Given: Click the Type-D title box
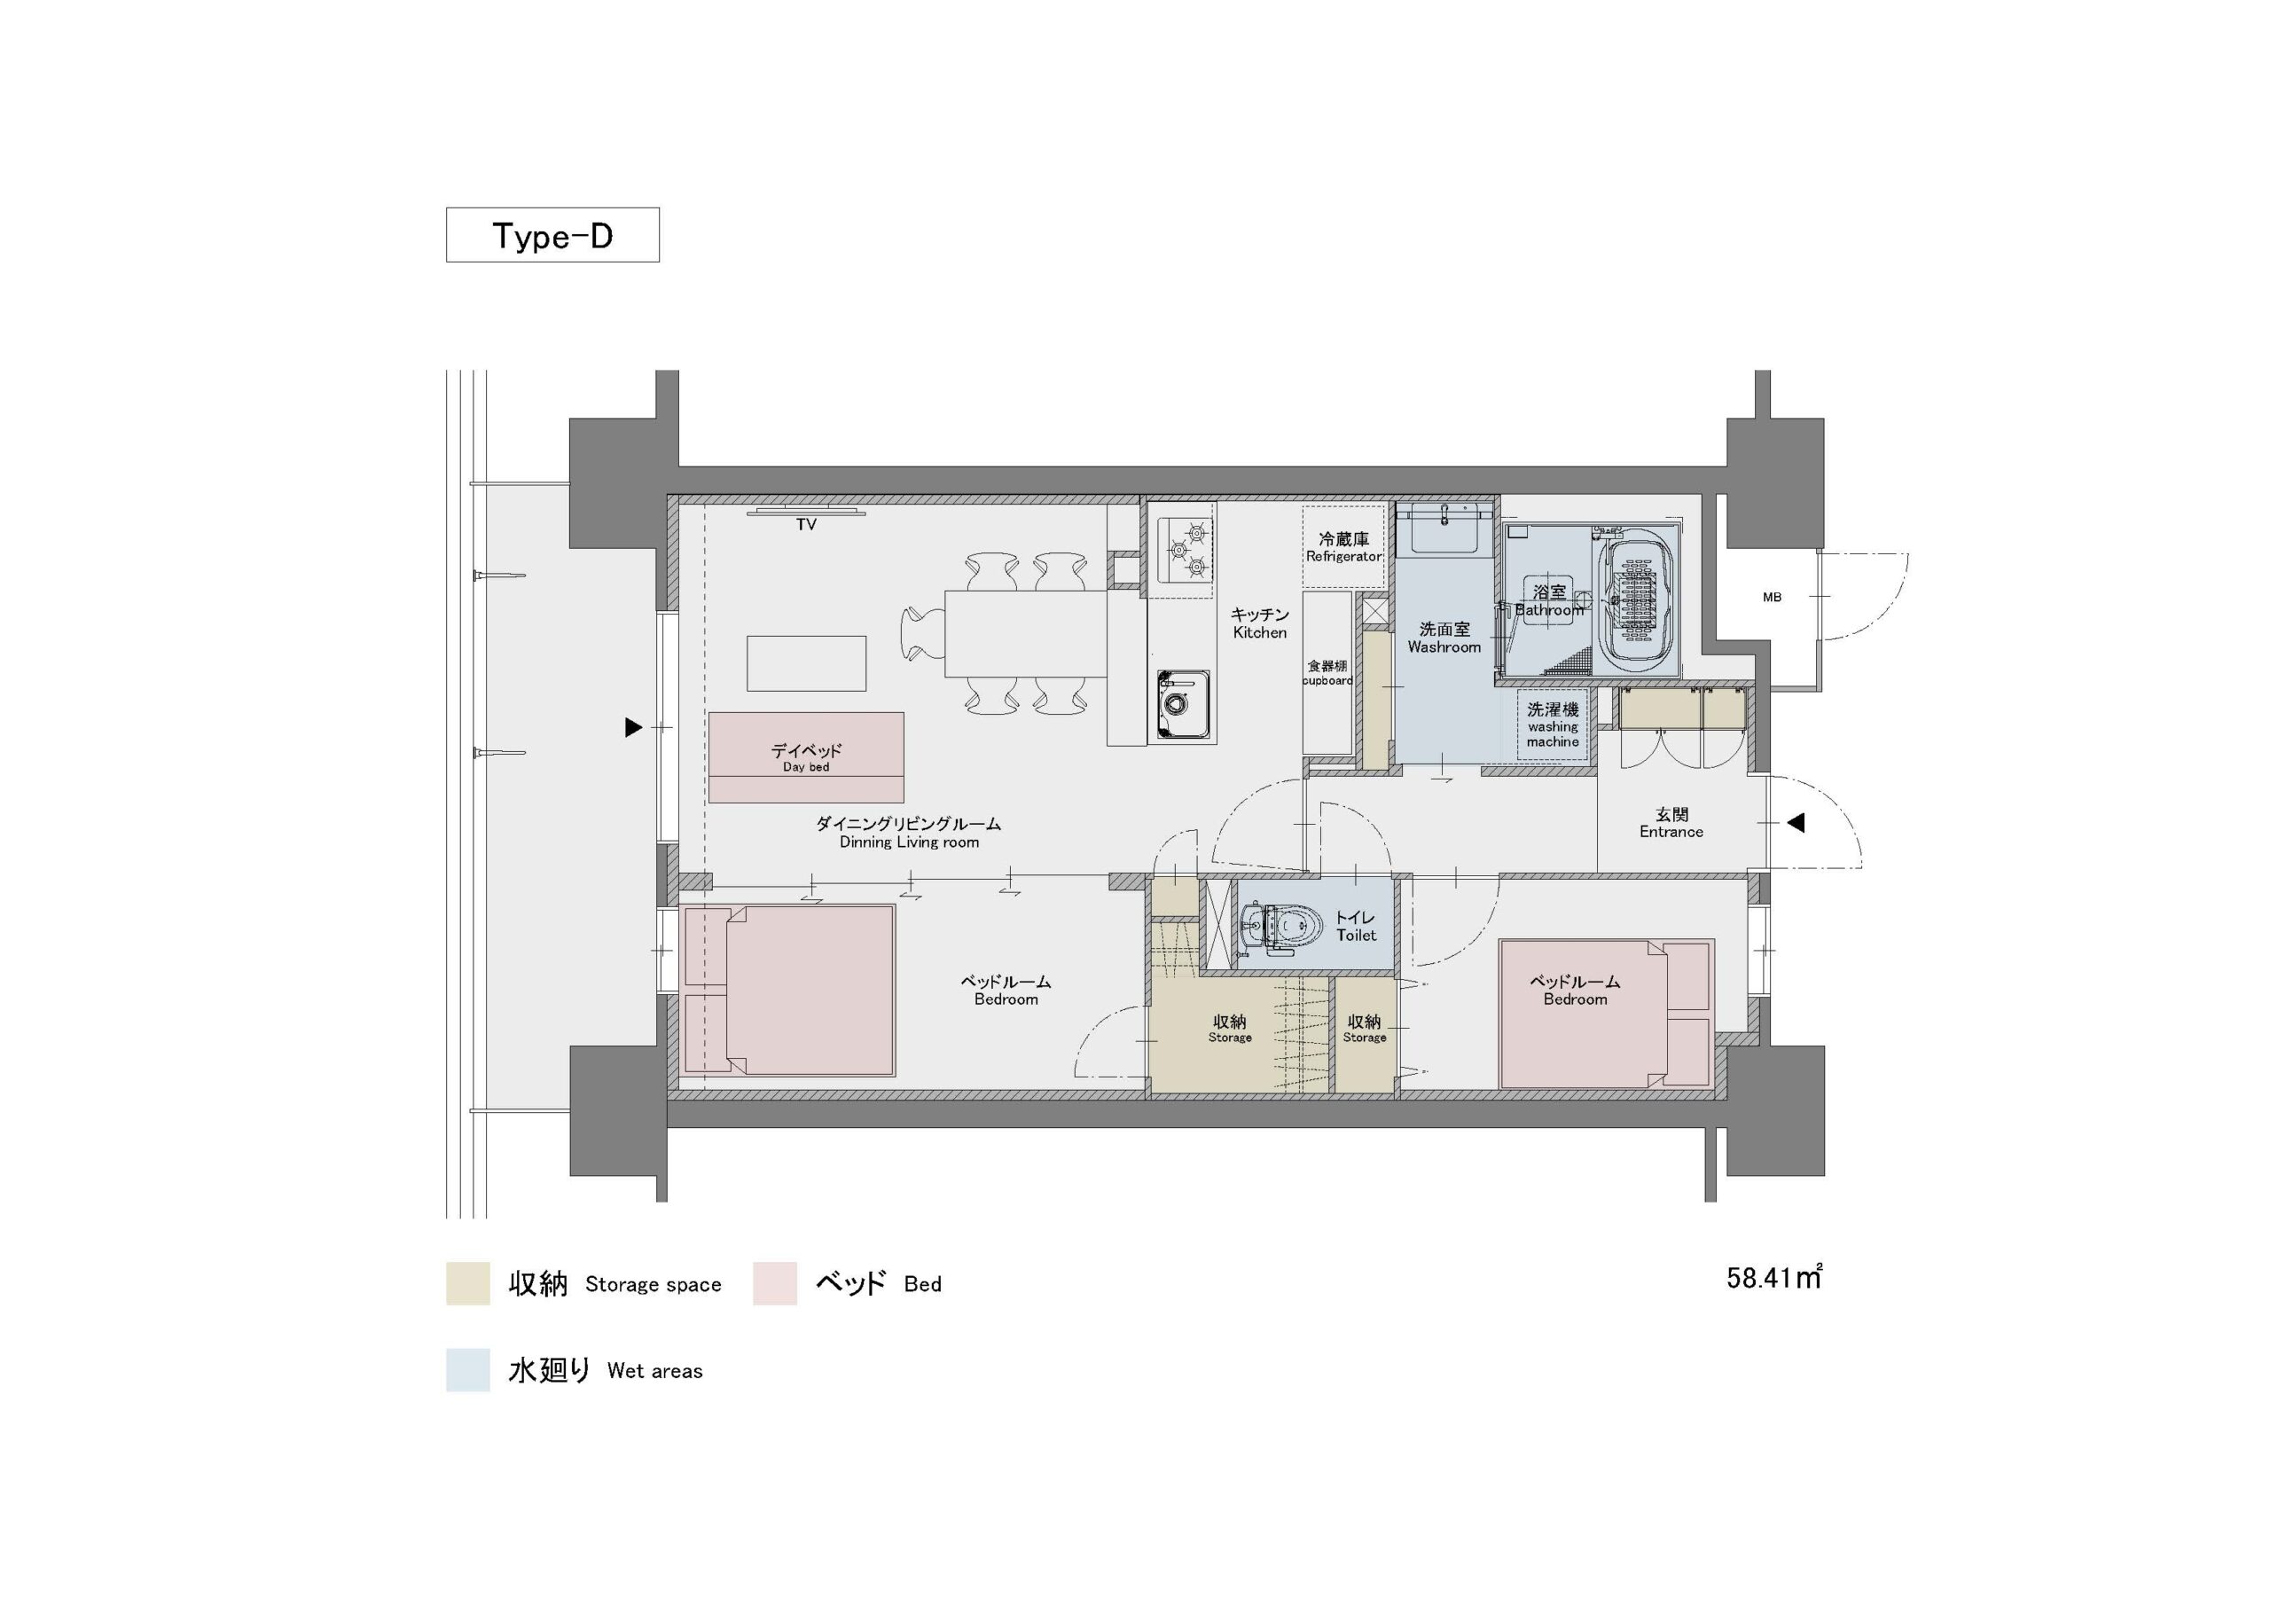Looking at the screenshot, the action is coord(552,234).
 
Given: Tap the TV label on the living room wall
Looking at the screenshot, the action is coord(807,525).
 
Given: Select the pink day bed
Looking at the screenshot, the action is coord(806,757).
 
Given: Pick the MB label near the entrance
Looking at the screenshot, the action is coord(1772,598).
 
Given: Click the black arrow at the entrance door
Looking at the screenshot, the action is coord(1796,823).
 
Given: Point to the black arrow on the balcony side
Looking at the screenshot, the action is coord(634,728).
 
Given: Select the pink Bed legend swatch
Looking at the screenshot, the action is coord(774,1283).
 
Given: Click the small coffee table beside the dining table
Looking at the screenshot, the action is coord(806,663).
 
